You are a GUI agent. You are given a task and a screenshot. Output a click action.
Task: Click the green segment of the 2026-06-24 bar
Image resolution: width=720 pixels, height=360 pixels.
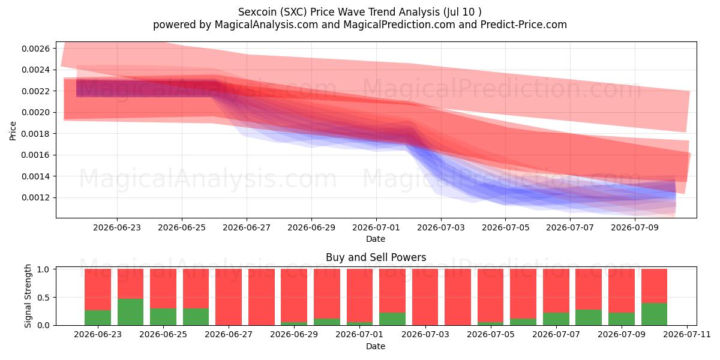click(x=131, y=312)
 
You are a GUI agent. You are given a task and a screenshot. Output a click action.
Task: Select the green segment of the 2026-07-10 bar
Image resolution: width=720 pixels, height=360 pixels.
click(x=654, y=314)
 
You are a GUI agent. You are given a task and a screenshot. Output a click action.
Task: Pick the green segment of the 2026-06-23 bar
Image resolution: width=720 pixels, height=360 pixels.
click(x=98, y=317)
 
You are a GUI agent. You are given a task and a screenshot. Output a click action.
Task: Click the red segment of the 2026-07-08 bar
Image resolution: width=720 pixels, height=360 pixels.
click(x=589, y=289)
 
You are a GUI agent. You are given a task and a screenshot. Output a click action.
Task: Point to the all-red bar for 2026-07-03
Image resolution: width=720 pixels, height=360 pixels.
click(x=425, y=297)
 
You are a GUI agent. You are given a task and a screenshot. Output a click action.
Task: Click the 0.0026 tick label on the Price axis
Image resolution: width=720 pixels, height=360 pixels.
click(x=35, y=49)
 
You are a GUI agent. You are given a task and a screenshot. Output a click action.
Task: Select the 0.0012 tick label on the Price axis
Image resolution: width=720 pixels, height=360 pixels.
click(x=35, y=197)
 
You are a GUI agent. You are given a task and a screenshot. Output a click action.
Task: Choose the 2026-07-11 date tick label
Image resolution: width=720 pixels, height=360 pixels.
click(x=687, y=334)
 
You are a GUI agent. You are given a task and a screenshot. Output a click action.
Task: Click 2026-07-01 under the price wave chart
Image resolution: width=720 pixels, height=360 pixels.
click(x=376, y=227)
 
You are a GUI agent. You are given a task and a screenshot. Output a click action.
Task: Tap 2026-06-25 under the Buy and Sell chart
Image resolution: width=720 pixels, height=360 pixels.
click(x=163, y=334)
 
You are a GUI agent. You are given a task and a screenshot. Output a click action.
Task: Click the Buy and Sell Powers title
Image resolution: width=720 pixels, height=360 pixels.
click(x=376, y=257)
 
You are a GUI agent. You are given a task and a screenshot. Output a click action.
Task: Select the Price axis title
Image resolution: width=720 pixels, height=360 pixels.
click(x=13, y=131)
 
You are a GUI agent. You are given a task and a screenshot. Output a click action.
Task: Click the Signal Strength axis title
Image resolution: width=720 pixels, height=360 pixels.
click(x=28, y=296)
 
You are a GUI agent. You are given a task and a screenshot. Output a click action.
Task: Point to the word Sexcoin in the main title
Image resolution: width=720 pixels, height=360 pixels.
click(x=257, y=12)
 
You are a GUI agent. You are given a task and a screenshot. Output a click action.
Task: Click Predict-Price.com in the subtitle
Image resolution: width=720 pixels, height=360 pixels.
click(x=524, y=25)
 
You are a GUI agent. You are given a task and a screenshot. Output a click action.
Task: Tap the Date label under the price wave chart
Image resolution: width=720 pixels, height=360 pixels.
click(x=376, y=239)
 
